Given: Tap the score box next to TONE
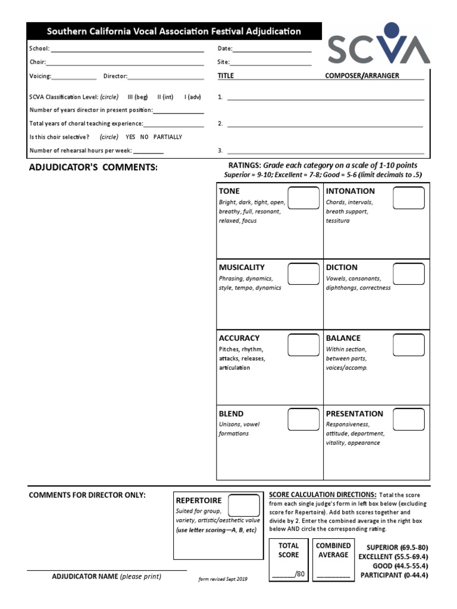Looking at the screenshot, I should (303, 198).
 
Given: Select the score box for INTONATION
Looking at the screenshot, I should (409, 198).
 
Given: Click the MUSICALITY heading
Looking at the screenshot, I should (242, 268).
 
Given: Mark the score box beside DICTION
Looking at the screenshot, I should (409, 274).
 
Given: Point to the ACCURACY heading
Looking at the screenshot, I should (239, 338).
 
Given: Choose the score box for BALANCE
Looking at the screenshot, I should (409, 345).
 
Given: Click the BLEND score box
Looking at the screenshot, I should (303, 419).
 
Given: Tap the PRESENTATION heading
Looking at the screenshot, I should (355, 413).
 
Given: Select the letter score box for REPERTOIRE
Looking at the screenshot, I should (244, 506).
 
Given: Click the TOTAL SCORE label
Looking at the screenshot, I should (289, 550).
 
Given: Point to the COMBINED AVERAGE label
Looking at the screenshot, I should (333, 550).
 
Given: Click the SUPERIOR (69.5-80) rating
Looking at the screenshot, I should (397, 547).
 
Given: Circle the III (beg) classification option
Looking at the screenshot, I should (137, 96).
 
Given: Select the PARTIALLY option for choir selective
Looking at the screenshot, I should (168, 137).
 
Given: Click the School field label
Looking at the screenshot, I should (39, 49).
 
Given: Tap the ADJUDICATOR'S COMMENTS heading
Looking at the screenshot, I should (93, 168).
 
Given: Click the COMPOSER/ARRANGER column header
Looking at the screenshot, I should (362, 76).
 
